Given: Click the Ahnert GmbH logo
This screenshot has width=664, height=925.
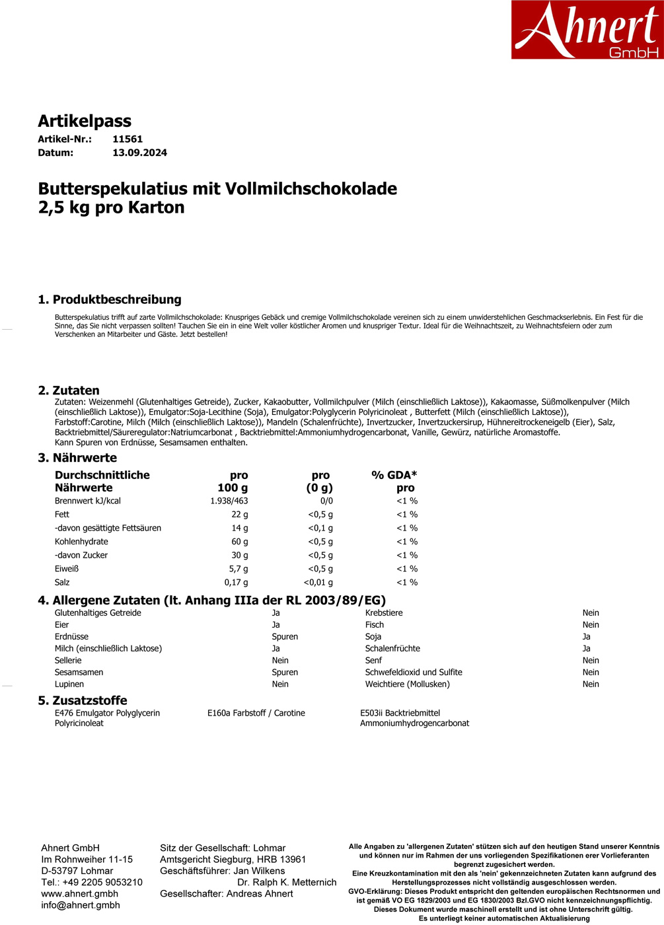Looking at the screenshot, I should click(587, 30).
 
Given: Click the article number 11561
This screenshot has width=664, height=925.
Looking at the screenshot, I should click(128, 139).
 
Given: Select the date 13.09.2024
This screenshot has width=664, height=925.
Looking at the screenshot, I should click(139, 153).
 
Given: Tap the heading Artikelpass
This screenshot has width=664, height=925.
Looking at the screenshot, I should click(85, 121).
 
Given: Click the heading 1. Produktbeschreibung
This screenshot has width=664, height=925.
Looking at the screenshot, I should click(110, 299).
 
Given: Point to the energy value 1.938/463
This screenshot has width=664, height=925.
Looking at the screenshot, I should click(229, 501).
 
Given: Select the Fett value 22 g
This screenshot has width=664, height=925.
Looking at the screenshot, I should click(239, 514).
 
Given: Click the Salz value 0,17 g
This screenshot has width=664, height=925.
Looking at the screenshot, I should click(236, 582).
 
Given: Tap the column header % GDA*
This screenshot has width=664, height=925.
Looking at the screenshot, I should click(394, 475).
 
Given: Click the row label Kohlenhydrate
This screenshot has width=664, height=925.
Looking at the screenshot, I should click(81, 542).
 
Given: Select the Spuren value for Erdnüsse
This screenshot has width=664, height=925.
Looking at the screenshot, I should click(285, 637).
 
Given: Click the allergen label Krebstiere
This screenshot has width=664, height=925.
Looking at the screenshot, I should click(384, 613).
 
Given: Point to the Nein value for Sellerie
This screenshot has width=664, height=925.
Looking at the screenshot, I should click(280, 661).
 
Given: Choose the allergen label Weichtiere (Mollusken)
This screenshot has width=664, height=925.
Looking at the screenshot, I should click(407, 684).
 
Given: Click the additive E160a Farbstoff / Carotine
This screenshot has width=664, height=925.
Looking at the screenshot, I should click(256, 713).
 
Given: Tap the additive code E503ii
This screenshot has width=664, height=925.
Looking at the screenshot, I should click(371, 713).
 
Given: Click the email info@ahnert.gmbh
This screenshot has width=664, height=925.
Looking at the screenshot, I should click(80, 905).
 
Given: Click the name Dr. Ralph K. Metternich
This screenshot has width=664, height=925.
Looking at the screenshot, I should click(287, 882).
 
